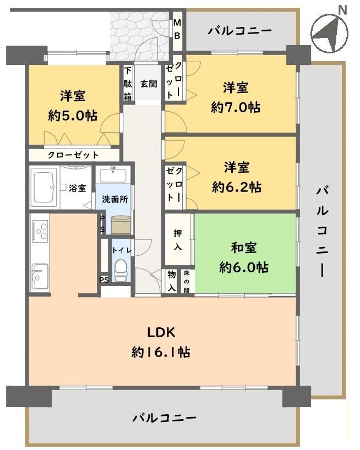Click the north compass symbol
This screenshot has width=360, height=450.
329,32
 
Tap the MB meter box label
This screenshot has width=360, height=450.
177,29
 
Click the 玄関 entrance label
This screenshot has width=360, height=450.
149,84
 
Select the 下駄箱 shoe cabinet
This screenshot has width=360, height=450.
128,84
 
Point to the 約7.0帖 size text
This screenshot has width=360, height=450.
236,107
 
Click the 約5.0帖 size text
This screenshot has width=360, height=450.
73,116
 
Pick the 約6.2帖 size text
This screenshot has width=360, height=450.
237,187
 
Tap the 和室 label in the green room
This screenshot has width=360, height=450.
244,248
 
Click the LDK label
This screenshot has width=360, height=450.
161,332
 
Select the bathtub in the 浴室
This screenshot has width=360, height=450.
44,188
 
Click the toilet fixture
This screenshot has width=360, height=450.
121,270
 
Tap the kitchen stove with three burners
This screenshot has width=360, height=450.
40,231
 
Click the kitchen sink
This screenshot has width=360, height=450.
40,276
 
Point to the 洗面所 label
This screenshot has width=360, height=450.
115,199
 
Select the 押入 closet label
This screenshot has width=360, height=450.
178,239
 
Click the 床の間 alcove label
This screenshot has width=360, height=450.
187,282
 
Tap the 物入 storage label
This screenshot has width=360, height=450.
172,281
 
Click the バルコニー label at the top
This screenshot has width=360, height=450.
239,30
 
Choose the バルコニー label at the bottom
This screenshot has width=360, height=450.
165,418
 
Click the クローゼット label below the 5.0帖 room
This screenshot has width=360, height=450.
73,155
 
